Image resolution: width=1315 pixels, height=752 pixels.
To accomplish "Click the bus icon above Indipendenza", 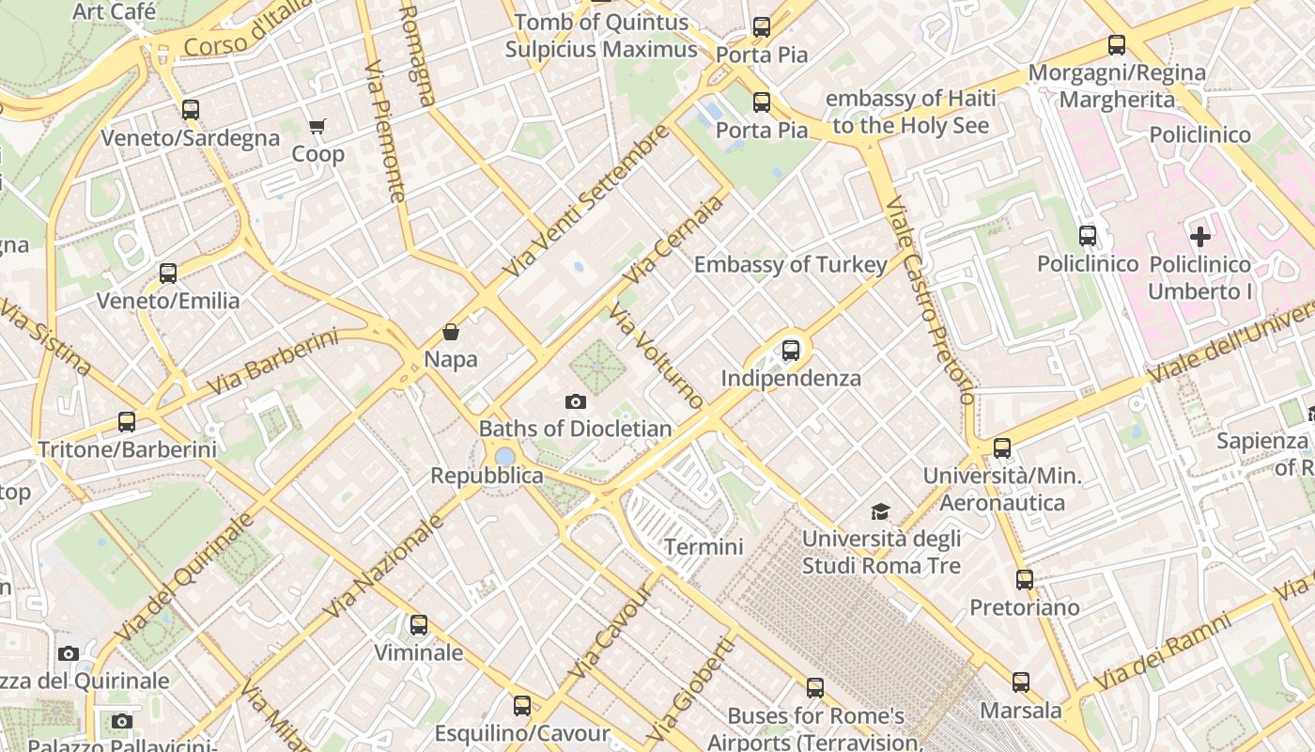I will [791, 351].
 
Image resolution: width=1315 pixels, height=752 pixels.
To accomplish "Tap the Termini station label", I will [704, 546].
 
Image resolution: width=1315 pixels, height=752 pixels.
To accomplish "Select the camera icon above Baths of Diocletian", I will [576, 401].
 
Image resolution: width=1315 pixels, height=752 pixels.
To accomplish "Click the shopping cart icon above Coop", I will [317, 126].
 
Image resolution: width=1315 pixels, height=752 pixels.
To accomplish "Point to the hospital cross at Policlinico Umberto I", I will [1200, 237].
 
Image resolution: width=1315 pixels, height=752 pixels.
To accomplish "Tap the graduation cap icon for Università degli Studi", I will [880, 511].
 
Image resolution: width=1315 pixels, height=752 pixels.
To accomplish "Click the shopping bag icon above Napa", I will [451, 332].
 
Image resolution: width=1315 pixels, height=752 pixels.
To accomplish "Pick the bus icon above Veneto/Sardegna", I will [191, 110].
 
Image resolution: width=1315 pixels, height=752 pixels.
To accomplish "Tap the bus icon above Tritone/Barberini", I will [127, 422].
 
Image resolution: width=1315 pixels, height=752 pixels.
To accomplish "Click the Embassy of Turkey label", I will [790, 264].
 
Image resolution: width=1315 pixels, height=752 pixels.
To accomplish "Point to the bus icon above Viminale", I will [419, 624].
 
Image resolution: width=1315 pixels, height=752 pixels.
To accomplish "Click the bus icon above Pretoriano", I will [1025, 580].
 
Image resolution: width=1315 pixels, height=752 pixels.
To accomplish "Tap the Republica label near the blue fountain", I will [487, 476].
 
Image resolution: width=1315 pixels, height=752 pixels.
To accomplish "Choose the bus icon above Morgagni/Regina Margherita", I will [1117, 44].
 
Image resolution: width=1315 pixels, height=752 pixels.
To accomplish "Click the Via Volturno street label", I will [657, 355].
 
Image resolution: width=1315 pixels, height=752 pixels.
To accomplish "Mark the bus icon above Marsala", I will [1021, 682].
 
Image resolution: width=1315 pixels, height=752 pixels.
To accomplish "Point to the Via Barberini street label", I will [271, 361].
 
